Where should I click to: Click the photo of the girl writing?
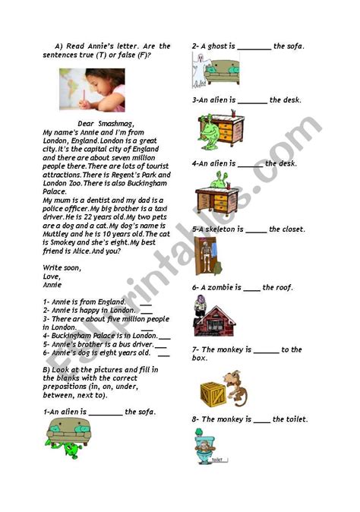click(93, 90)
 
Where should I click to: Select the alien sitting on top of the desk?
click(220, 181)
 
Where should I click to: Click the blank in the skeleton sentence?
click(257, 229)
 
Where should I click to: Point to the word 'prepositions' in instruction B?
click(65, 387)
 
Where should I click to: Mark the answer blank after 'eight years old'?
click(165, 352)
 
